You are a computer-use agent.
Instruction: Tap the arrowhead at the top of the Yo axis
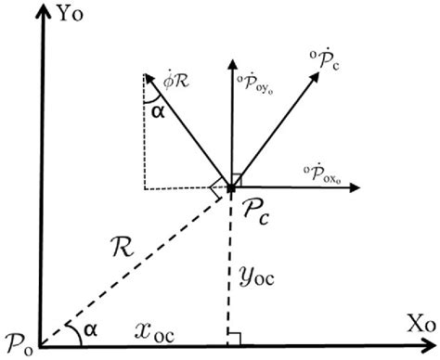[x=39, y=13]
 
